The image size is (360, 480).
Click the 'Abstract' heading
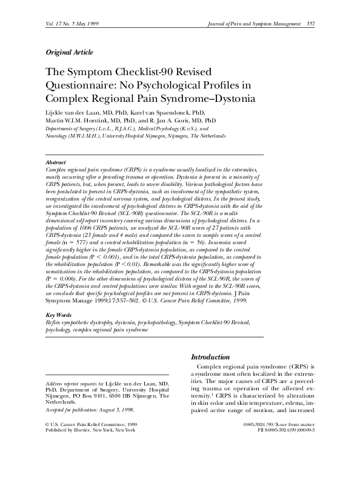(x=56, y=163)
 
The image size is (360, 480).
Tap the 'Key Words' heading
(x=59, y=316)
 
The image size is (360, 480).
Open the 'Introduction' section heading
(x=210, y=357)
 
